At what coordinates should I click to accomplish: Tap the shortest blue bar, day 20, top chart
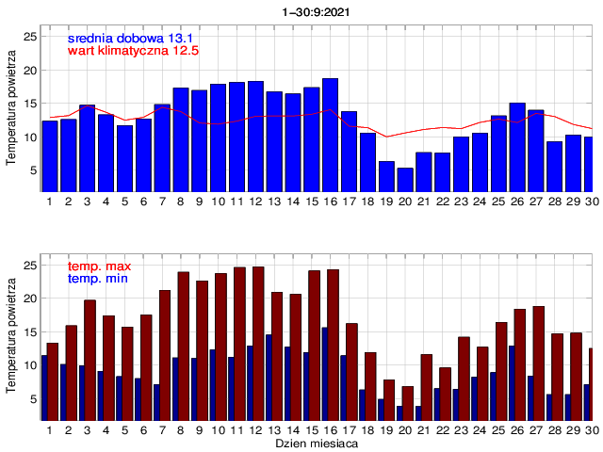click(x=405, y=179)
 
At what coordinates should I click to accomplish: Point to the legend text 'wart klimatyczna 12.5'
click(x=133, y=51)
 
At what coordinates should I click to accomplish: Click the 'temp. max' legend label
click(x=98, y=267)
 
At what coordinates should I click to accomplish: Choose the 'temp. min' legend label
click(x=98, y=280)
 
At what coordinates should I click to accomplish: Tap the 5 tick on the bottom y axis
click(x=34, y=399)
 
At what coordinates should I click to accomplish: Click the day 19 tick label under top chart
click(x=386, y=201)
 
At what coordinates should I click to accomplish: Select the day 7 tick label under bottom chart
click(x=162, y=429)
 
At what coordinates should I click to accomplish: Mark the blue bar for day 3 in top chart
click(x=87, y=148)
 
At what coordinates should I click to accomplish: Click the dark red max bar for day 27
click(x=538, y=363)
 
